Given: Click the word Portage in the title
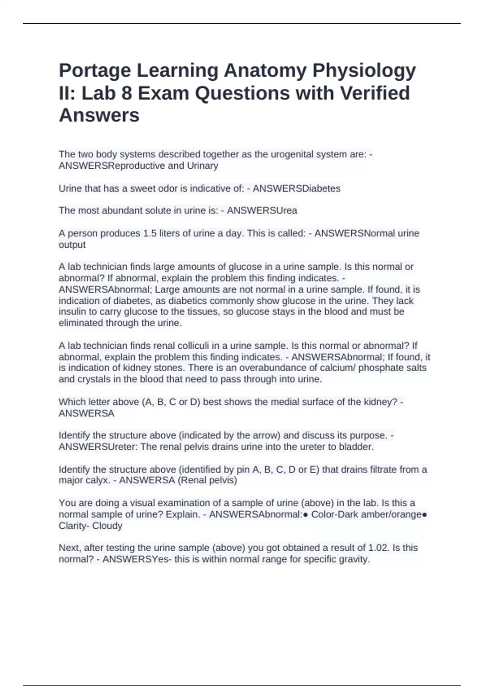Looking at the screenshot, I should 95,71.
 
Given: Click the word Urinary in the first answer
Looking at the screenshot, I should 202,165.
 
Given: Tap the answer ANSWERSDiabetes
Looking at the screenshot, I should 296,188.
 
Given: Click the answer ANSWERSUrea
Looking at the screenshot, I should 262,211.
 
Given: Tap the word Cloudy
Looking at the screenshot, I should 107,526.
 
